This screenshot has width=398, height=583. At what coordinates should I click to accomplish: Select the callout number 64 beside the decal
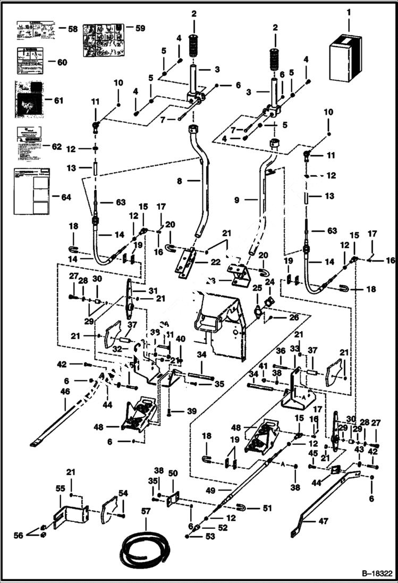tap(65, 197)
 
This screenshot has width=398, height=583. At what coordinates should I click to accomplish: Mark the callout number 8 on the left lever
tap(180, 181)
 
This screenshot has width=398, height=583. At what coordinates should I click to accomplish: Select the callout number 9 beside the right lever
tap(237, 200)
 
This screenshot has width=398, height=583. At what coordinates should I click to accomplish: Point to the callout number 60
tap(62, 62)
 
